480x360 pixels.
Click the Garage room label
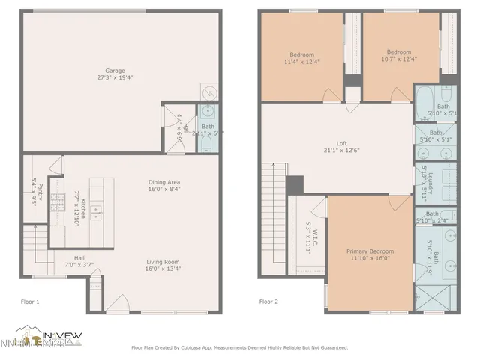point(115,74)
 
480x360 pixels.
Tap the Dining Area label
point(163,186)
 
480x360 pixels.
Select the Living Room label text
point(163,265)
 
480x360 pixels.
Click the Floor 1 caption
point(30,301)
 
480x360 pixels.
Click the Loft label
point(341,147)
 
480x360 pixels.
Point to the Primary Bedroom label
point(370,254)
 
